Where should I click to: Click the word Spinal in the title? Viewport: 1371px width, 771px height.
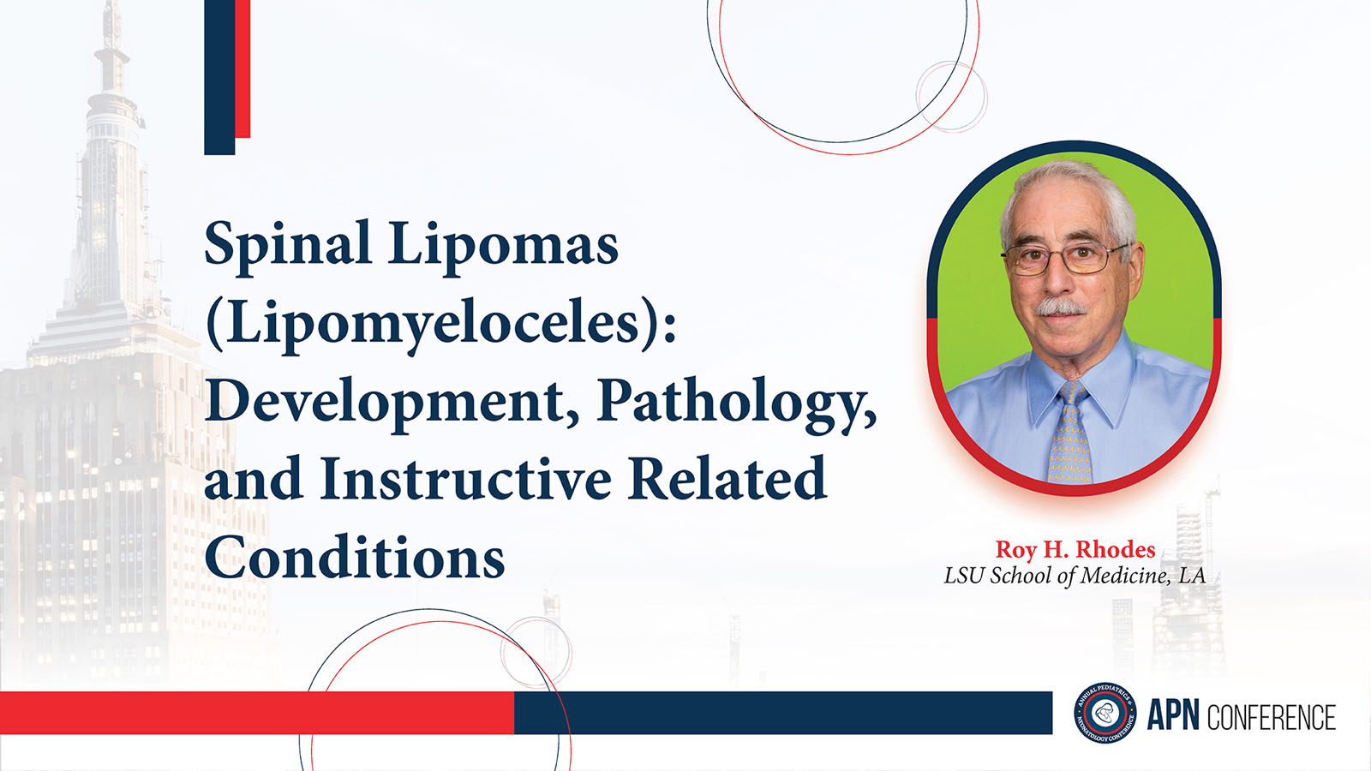(288, 243)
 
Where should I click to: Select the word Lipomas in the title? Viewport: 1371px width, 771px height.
(503, 242)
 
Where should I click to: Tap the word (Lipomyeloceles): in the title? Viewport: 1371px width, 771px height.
(440, 322)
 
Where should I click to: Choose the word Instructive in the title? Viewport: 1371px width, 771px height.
(465, 477)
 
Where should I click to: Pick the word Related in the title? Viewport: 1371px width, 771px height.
(727, 477)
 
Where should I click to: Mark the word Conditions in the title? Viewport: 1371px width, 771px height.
(355, 556)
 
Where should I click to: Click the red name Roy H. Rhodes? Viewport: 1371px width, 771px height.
(1075, 549)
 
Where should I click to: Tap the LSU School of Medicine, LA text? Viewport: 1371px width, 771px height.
(1075, 576)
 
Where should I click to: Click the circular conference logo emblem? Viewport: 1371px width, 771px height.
(1105, 713)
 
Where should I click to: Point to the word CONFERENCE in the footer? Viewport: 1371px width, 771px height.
(1272, 716)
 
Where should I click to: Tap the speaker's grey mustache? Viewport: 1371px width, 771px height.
(1062, 308)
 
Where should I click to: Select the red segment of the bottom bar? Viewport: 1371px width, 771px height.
(257, 713)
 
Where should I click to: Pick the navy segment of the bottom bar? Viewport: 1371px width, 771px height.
(783, 713)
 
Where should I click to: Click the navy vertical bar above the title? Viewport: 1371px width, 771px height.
(219, 77)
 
